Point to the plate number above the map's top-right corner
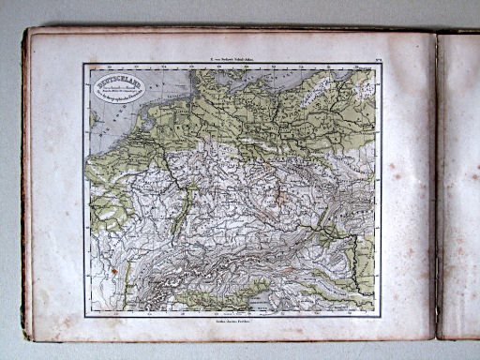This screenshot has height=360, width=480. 371,56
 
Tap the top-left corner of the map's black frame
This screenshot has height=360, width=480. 84,65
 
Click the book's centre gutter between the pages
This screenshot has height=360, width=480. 437,187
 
